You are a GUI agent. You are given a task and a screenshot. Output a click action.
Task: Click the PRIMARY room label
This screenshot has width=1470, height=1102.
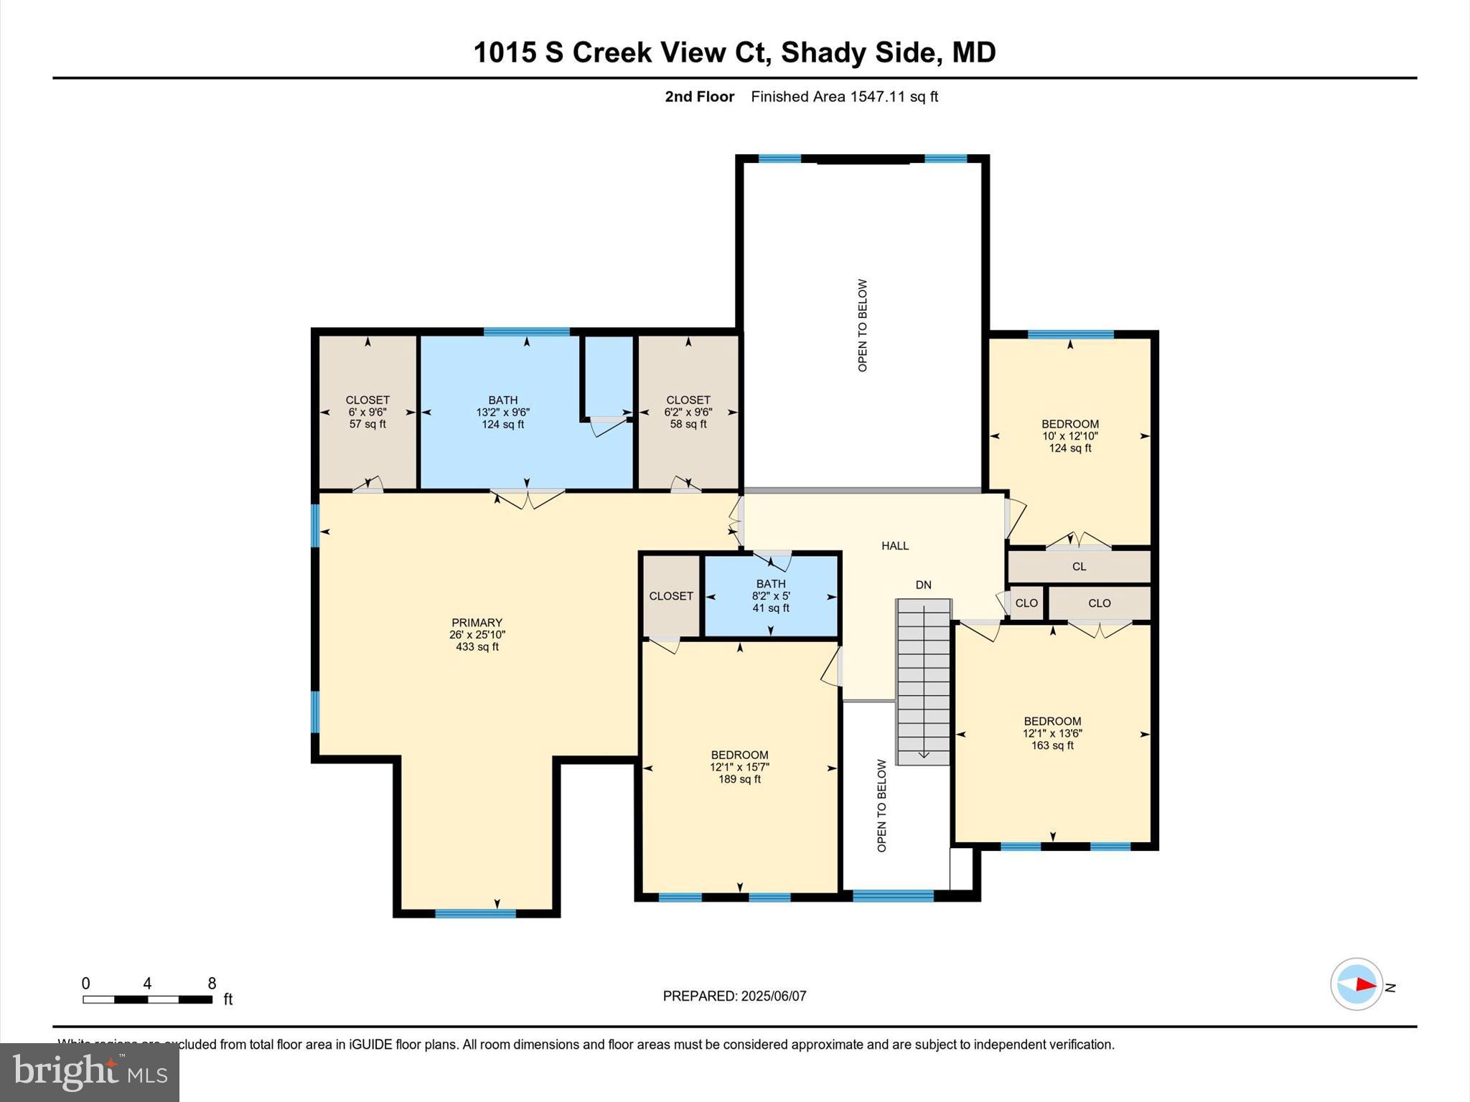point(477,623)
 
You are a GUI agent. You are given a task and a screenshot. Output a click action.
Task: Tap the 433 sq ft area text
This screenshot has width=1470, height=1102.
point(477,647)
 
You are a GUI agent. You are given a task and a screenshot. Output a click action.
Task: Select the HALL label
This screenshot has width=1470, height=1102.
point(895,546)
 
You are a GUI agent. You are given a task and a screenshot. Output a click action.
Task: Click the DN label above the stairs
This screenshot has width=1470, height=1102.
point(923,585)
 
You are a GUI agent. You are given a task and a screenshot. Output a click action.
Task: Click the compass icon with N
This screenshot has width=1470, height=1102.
point(1357,985)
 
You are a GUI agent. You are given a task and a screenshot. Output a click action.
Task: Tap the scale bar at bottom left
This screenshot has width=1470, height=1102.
point(147,999)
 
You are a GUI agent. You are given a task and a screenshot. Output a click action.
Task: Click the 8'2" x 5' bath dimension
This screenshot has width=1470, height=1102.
point(771,596)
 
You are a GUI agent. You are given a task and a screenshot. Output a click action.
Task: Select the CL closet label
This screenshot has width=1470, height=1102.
point(1079,567)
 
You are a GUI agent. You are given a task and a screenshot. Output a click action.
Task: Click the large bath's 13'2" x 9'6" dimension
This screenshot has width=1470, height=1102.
point(502,413)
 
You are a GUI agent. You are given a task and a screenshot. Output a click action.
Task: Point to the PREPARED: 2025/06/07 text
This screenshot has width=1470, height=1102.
point(734,996)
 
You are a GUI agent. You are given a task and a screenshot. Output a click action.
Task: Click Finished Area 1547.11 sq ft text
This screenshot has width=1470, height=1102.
point(844,97)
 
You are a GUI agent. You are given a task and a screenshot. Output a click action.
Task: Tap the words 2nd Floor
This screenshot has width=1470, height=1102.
point(699,97)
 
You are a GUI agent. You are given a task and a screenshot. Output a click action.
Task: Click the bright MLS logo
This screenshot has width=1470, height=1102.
point(90,1073)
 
